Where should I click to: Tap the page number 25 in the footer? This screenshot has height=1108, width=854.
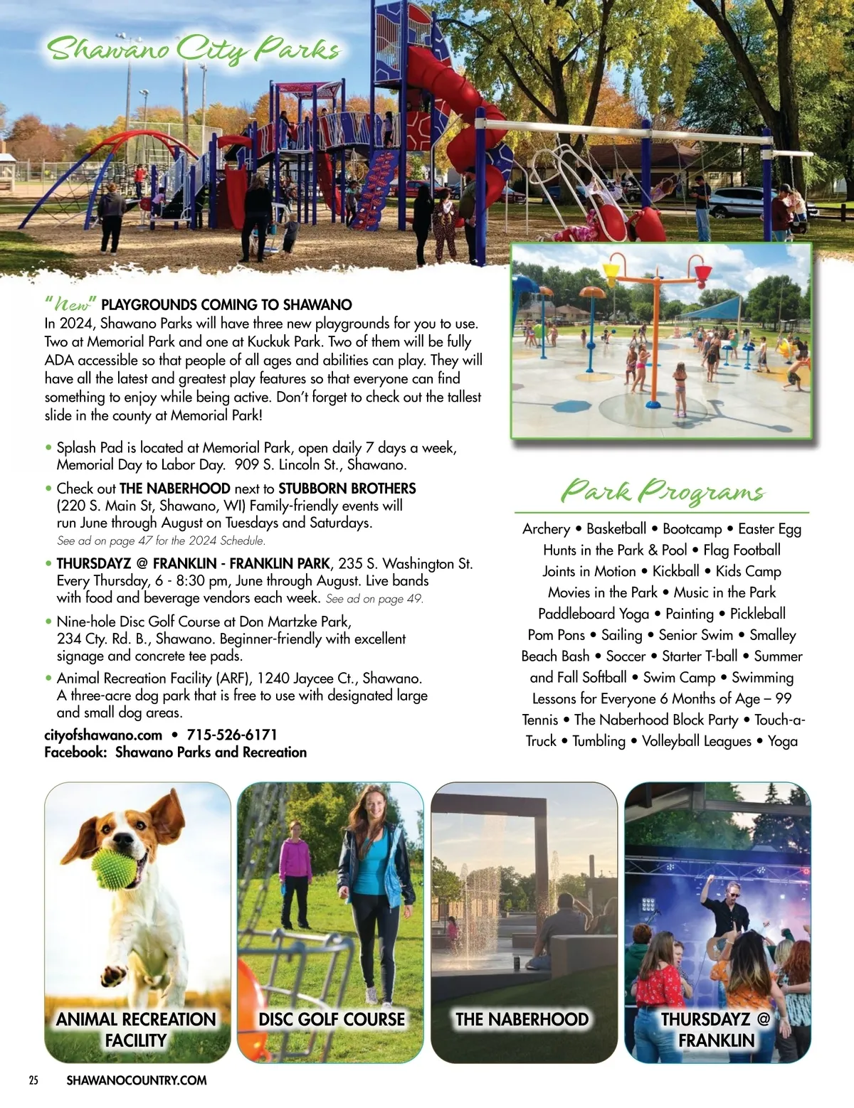coord(33,1080)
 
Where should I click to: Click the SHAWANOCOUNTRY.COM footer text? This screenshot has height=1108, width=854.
coord(137,1080)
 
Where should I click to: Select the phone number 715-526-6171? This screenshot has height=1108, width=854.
coord(232,735)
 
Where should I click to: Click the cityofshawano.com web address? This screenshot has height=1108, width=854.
coord(103,735)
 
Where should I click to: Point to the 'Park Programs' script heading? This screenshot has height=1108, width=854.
coord(662,491)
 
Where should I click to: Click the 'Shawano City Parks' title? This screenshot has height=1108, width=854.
coord(193,50)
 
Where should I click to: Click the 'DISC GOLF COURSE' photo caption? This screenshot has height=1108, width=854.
coord(332,1019)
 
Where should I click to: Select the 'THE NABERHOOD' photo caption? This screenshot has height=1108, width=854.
coord(522,1019)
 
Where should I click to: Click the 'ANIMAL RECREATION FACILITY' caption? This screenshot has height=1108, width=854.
coord(136,1029)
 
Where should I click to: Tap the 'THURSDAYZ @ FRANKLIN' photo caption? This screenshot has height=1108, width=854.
coord(716,1029)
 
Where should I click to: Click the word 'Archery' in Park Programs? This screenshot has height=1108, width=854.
coord(546,529)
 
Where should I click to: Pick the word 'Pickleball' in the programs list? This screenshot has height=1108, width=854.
coord(757,614)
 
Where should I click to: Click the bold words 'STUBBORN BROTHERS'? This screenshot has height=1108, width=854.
coord(347,489)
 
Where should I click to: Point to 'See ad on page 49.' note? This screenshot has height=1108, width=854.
coord(374,599)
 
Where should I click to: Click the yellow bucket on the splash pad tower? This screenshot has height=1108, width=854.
coord(611,274)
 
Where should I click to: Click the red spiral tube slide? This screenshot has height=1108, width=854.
coord(470,107)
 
